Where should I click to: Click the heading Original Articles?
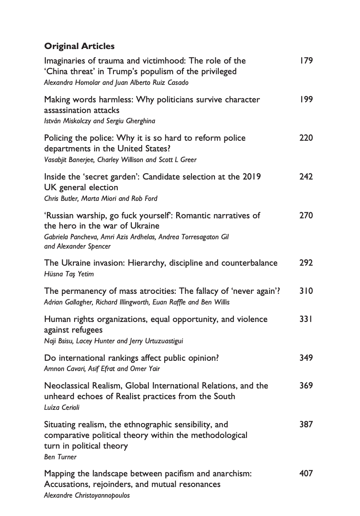(79, 46)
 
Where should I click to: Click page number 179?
(306, 61)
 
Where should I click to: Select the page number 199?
(306, 99)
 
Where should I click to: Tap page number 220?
(306, 138)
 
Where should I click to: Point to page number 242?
(306, 177)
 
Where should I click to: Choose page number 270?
(306, 215)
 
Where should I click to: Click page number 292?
(306, 263)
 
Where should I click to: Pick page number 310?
(306, 291)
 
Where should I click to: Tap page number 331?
(306, 319)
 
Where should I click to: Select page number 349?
(306, 357)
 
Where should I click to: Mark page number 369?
(306, 386)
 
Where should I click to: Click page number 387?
(306, 424)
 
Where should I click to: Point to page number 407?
(306, 473)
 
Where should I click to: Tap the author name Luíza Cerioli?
(62, 407)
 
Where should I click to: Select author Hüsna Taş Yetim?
(68, 274)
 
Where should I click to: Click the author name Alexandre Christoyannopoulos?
(87, 495)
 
